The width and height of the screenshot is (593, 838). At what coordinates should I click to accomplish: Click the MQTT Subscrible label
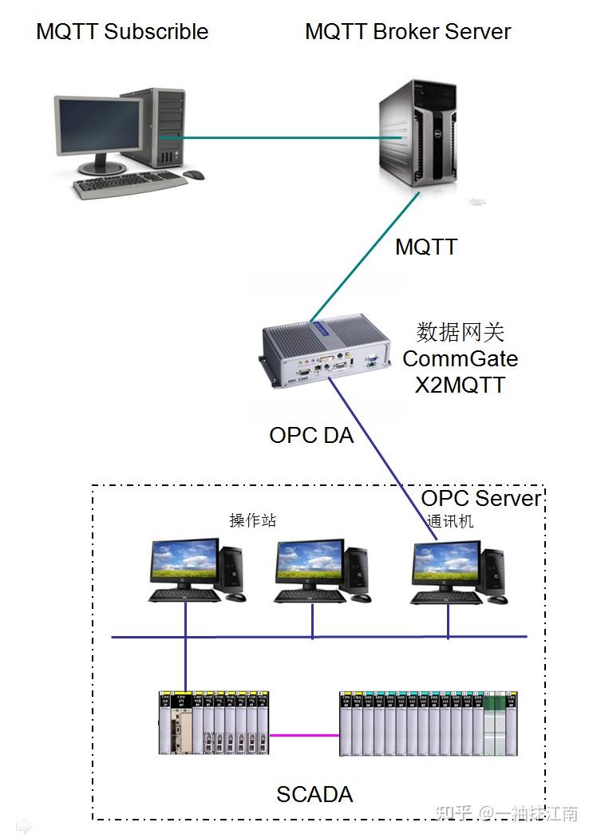coord(122,32)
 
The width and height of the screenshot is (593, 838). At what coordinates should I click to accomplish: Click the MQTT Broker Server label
coord(408,32)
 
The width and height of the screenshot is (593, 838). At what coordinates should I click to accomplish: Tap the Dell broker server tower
coord(419,136)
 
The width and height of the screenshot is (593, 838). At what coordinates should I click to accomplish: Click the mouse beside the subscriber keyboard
coord(193,175)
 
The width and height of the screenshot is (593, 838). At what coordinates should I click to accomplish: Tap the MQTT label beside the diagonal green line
coord(426,247)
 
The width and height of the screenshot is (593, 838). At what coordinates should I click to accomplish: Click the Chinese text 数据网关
coord(461,332)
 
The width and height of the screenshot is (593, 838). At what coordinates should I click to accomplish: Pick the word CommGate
coord(461,358)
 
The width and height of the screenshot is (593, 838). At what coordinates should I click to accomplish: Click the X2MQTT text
coord(461,385)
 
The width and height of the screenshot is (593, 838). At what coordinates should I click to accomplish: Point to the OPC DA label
coord(311,436)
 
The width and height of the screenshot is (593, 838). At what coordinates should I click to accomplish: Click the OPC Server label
coord(481,499)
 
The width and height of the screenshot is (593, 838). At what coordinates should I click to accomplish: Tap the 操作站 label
coord(253,520)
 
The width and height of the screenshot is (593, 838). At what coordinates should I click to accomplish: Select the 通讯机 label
coord(450,521)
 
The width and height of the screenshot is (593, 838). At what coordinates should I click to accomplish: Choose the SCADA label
coord(314,795)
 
